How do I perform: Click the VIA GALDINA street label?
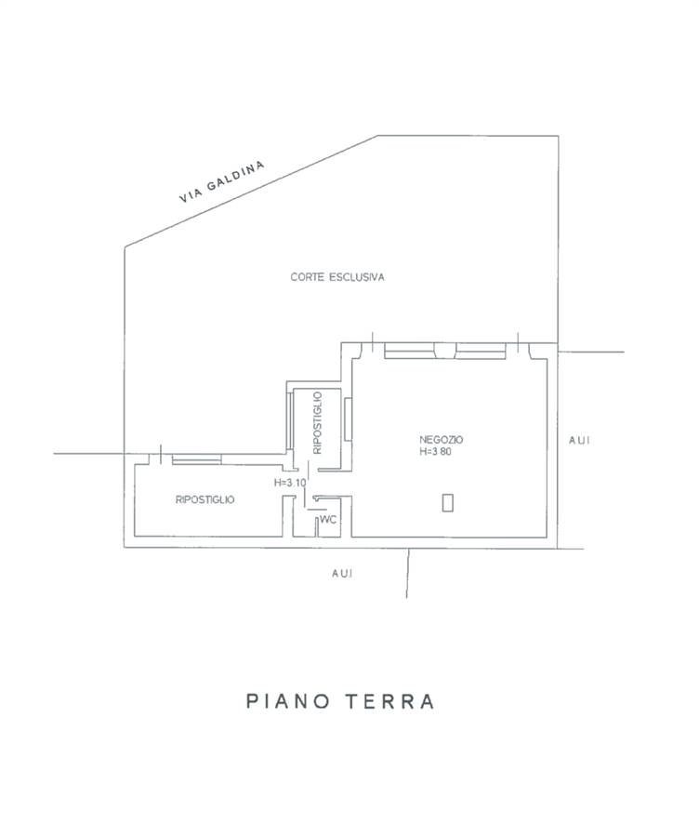click(x=222, y=181)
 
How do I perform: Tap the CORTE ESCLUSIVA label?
click(x=337, y=277)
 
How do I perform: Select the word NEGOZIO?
click(x=442, y=439)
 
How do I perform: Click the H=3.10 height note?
click(x=289, y=484)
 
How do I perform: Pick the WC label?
click(x=327, y=521)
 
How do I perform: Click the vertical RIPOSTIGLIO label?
click(x=318, y=423)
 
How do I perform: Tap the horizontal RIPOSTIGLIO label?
click(x=205, y=499)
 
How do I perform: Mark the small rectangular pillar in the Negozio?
click(x=448, y=502)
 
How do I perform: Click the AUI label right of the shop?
click(x=579, y=440)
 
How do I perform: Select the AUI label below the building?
click(x=342, y=574)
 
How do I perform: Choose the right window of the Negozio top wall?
click(x=481, y=351)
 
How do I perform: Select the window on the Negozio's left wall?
click(x=347, y=420)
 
